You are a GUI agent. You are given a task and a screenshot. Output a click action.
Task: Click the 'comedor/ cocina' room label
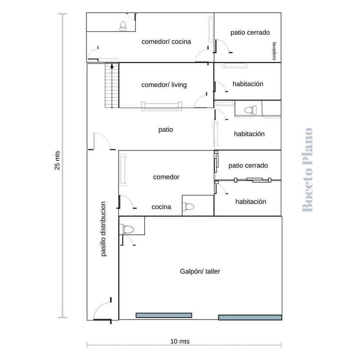click(x=166, y=42)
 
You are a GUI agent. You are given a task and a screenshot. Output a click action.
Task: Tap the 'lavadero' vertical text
click(x=274, y=51)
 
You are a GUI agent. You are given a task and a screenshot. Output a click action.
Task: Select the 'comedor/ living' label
click(x=164, y=85)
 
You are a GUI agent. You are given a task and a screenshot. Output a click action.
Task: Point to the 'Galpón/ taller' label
click(x=200, y=271)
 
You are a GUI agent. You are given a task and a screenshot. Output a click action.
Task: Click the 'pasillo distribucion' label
click(x=103, y=229)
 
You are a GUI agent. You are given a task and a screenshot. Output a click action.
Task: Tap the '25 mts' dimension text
click(x=57, y=160)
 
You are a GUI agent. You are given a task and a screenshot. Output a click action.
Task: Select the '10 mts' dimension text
click(x=180, y=341)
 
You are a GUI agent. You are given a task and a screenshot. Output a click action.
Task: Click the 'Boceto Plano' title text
click(x=308, y=170)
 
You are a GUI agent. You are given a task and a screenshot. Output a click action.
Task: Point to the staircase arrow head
click(x=112, y=66)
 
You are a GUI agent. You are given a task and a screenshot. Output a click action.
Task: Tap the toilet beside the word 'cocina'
click(x=188, y=207)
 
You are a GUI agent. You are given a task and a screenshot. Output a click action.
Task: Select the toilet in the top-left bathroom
click(x=123, y=26)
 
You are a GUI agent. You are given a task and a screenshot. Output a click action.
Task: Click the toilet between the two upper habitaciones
click(x=250, y=110)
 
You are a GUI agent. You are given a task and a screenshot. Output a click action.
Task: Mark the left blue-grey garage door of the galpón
click(x=164, y=315)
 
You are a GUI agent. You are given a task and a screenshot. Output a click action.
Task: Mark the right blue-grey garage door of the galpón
click(x=250, y=317)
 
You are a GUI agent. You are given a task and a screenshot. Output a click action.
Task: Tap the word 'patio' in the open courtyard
click(x=166, y=130)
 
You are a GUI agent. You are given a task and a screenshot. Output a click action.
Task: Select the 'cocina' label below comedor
click(x=161, y=207)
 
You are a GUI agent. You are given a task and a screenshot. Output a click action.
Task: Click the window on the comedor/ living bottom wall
click(x=162, y=106)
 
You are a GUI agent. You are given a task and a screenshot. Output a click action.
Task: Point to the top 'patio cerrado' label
click(x=250, y=33)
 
